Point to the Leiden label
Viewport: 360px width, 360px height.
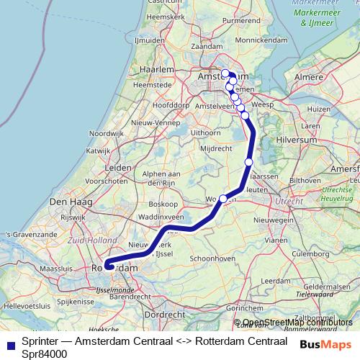[x=118, y=167]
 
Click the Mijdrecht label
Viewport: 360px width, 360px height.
[x=216, y=148]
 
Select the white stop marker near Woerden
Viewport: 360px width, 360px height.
[x=223, y=199]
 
